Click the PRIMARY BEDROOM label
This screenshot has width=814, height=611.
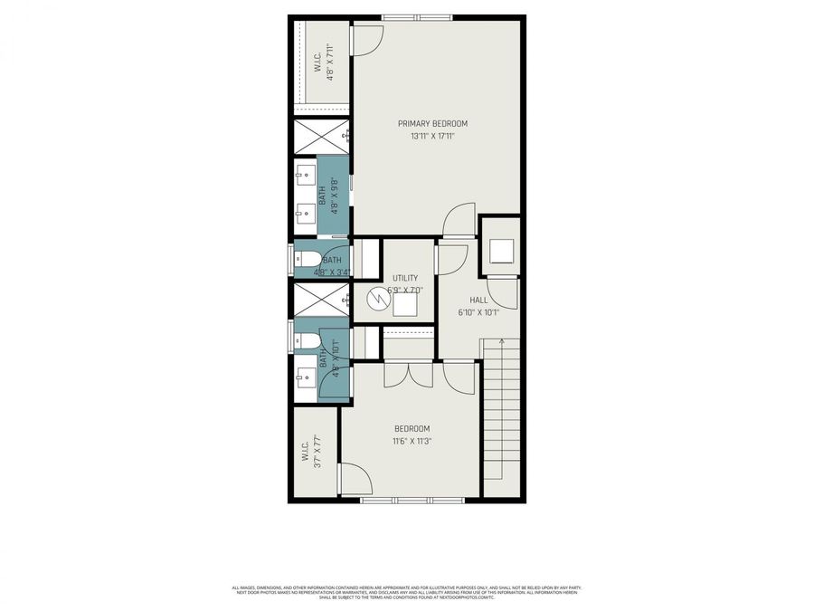(433, 123)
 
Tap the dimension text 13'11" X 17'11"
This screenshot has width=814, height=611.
(433, 137)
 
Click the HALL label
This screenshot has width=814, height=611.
(478, 300)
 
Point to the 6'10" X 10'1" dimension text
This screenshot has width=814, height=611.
(478, 313)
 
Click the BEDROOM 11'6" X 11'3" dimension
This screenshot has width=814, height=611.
(412, 442)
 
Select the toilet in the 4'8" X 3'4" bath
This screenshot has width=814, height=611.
(306, 259)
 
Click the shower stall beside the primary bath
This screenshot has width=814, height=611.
(319, 137)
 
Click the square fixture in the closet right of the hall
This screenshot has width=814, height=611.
(500, 251)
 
